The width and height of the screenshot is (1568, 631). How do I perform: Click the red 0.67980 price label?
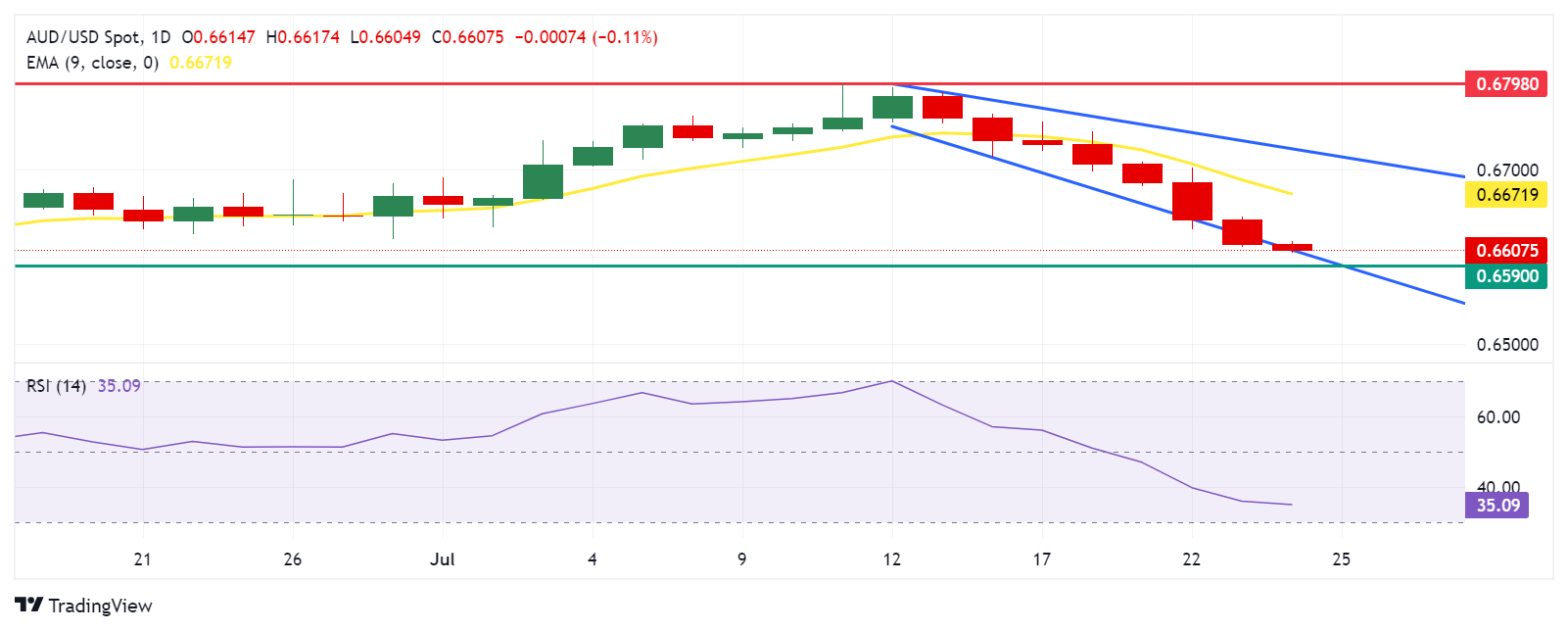[x=1507, y=84]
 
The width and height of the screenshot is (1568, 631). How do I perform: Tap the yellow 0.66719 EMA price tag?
[x=1507, y=194]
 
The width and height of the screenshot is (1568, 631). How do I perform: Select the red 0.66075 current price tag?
[x=1507, y=251]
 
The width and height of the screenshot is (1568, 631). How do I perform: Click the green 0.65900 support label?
[x=1507, y=276]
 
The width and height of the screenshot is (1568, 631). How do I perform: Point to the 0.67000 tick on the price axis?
[x=1507, y=170]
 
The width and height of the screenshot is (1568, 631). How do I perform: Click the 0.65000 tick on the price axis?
[x=1507, y=345]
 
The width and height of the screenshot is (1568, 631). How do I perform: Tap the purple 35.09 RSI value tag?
[x=1497, y=506]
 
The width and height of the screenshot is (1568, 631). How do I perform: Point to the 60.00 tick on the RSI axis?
[x=1497, y=417]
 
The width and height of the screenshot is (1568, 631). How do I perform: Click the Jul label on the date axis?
[x=443, y=559]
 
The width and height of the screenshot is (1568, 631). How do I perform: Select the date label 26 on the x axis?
[x=292, y=559]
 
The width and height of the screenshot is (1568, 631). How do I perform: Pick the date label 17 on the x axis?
[x=1041, y=559]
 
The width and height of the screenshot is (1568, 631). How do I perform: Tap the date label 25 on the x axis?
[x=1341, y=559]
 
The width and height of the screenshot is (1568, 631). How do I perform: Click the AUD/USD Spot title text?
[x=83, y=37]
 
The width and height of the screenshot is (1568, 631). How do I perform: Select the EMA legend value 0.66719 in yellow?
[x=201, y=63]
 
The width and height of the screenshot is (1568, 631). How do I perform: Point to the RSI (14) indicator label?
[x=56, y=386]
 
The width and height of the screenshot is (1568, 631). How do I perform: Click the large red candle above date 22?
[x=1192, y=201]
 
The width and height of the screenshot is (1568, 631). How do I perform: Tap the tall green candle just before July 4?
[x=543, y=181]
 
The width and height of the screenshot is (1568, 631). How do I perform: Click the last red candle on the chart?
[x=1292, y=247]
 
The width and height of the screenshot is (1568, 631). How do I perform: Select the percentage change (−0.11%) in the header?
[x=625, y=37]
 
